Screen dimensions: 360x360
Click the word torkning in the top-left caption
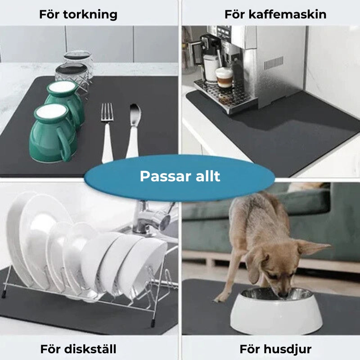click(90, 15)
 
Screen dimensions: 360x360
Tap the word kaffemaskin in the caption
click(288, 14)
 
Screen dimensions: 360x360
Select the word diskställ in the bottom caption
click(90, 349)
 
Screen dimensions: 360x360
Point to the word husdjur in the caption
click(287, 350)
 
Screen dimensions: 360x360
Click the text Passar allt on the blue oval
click(180, 176)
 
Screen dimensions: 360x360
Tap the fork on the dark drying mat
click(107, 133)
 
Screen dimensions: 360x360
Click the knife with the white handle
click(133, 131)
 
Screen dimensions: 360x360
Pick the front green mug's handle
click(64, 144)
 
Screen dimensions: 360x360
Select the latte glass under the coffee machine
click(224, 78)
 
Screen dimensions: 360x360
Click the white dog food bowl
click(276, 310)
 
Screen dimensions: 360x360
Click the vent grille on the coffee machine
click(274, 63)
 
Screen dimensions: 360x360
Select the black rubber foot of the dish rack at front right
click(153, 322)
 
